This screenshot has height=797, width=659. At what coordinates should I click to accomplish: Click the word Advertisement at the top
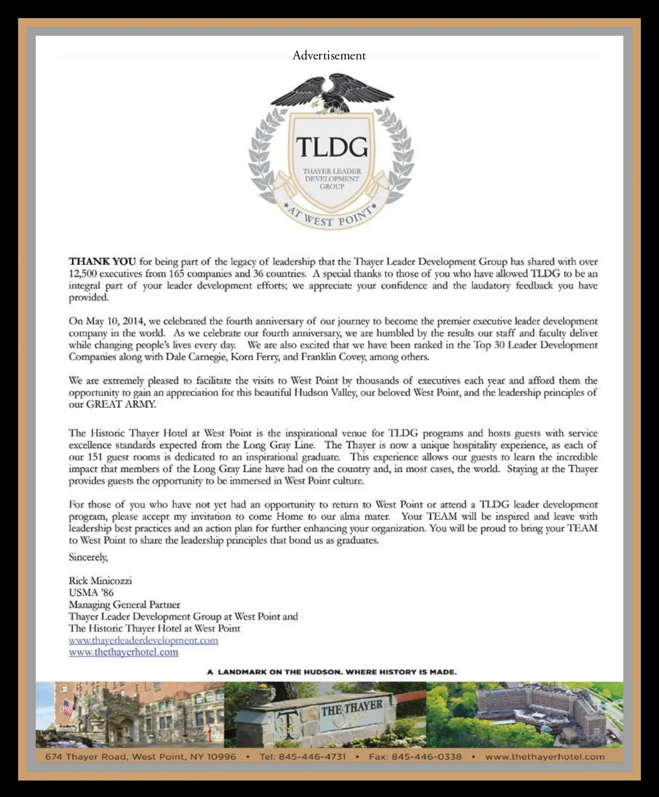point(329,56)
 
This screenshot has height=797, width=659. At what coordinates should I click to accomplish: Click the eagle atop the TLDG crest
point(331,93)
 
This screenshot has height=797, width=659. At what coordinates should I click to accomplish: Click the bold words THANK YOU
point(102,262)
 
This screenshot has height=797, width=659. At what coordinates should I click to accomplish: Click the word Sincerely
point(88,557)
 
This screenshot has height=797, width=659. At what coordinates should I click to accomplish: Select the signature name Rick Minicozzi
point(100,581)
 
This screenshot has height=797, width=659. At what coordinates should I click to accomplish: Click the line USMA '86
point(91,593)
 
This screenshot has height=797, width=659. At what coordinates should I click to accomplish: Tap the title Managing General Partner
point(124,605)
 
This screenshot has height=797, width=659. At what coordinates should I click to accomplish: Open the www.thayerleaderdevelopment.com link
point(143,640)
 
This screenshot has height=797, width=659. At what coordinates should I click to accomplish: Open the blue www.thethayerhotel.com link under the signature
point(124,652)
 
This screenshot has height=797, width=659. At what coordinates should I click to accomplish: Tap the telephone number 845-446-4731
point(312,757)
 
